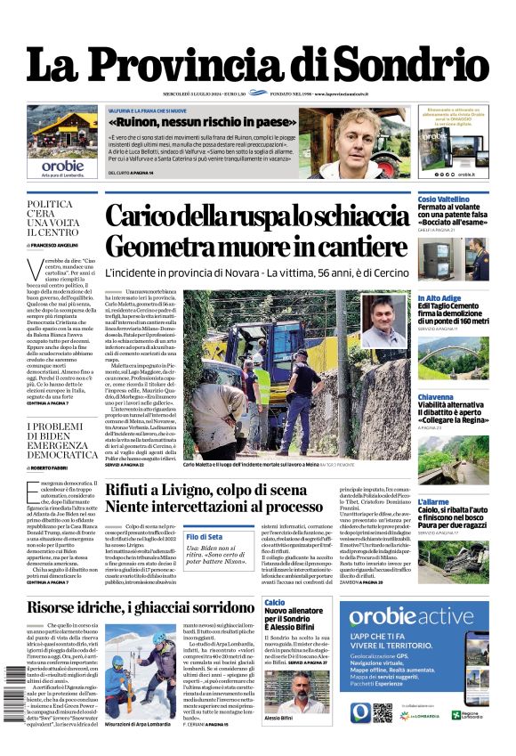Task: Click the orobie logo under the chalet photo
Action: point(62,165)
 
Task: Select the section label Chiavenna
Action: point(436,397)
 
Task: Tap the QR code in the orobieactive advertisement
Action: point(383,712)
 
